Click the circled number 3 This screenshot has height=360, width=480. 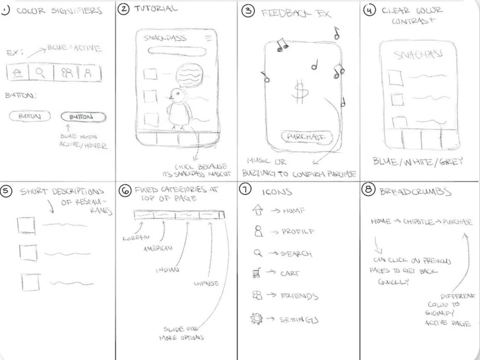[247, 11]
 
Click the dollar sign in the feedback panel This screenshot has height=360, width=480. [298, 92]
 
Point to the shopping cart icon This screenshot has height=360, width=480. [257, 274]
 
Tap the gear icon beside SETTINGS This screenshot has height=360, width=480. [256, 318]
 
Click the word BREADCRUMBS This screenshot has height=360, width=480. [409, 191]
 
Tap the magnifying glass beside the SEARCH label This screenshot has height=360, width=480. [255, 253]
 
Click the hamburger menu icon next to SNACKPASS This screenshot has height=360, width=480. [208, 38]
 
